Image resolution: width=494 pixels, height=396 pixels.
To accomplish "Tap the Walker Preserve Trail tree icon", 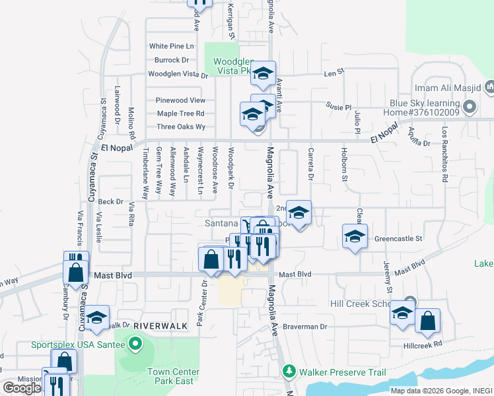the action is click(x=288, y=372).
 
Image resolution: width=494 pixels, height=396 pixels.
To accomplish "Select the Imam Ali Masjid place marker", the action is click(x=490, y=87).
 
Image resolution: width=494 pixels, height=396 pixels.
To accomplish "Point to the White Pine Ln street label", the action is click(x=172, y=46).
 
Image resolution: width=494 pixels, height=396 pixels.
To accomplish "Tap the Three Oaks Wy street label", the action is click(x=181, y=127).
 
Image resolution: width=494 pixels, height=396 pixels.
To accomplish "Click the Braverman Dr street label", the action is click(x=306, y=326).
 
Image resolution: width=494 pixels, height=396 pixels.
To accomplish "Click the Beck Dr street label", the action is click(x=110, y=201).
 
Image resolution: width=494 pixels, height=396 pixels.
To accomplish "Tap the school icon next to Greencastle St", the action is click(x=355, y=236).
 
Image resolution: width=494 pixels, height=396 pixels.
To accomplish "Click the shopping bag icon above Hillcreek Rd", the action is click(x=428, y=321).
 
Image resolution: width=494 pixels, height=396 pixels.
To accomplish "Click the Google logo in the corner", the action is click(x=22, y=388).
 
